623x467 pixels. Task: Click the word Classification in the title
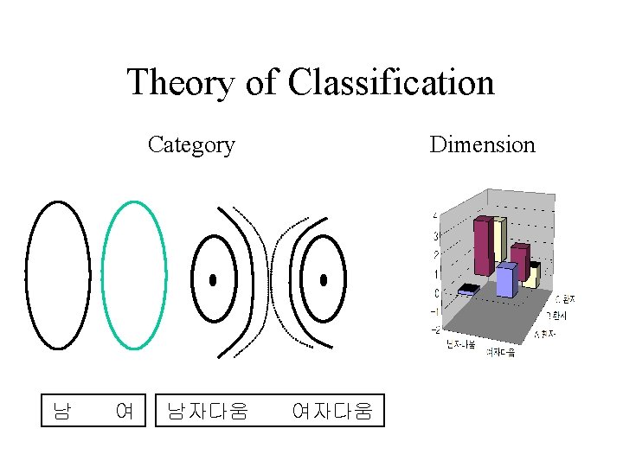[x=391, y=83]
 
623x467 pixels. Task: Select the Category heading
[x=191, y=144]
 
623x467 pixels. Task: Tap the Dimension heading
[x=482, y=144]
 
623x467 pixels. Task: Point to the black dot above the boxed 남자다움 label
[x=213, y=280]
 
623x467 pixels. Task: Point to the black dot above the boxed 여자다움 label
[x=324, y=280]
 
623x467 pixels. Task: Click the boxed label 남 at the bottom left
[x=61, y=410]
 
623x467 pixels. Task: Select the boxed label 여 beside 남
[x=124, y=410]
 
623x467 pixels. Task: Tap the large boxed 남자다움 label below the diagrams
[x=208, y=410]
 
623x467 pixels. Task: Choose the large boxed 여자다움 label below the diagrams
[x=332, y=410]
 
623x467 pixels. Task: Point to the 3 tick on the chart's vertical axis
[x=436, y=234]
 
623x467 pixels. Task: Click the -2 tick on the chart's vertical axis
[x=435, y=329]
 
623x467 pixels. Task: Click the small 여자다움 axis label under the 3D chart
[x=500, y=352]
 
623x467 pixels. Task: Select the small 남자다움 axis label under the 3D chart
[x=460, y=345]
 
